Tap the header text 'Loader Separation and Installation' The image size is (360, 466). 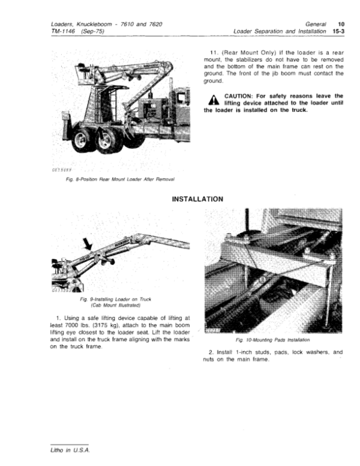280,31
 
